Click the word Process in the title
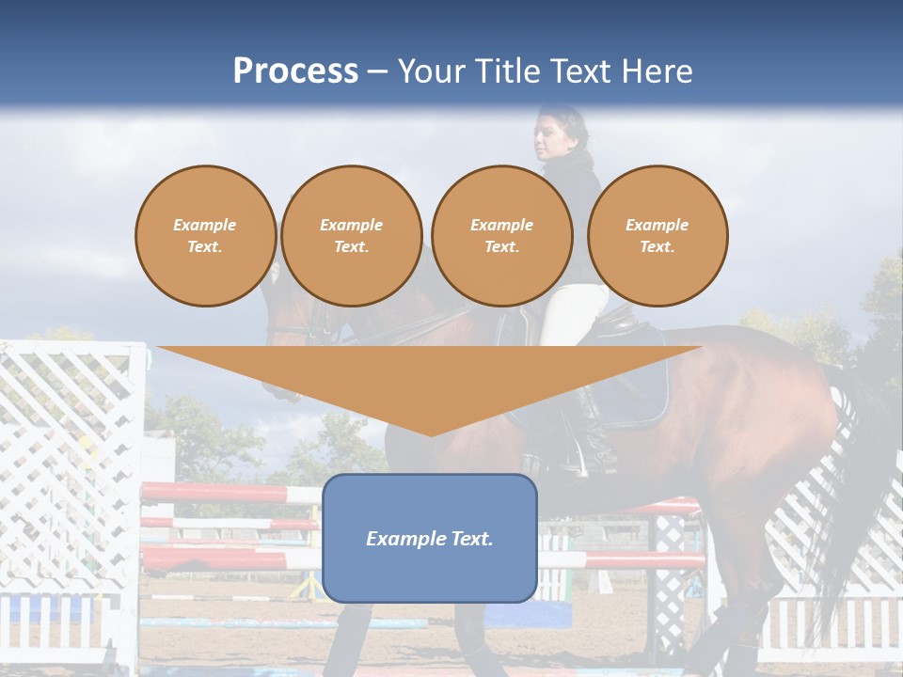tap(295, 71)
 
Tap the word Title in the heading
tap(507, 71)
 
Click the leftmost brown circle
tap(205, 236)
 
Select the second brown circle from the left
tap(352, 236)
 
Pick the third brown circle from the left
tap(502, 236)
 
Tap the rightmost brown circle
tap(657, 236)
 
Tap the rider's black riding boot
tap(589, 433)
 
